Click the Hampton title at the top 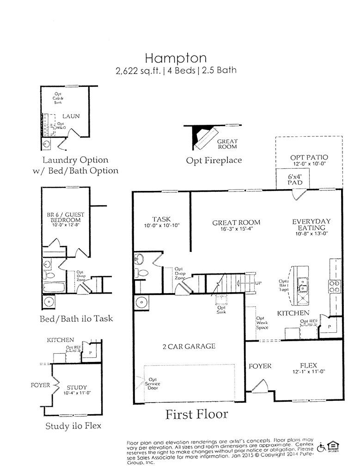click(176, 58)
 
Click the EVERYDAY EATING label click(311, 225)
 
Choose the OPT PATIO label click(309, 158)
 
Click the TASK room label click(161, 219)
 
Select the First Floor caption click(196, 414)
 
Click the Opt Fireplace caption click(214, 160)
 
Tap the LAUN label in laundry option click(71, 116)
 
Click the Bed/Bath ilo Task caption click(76, 319)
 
